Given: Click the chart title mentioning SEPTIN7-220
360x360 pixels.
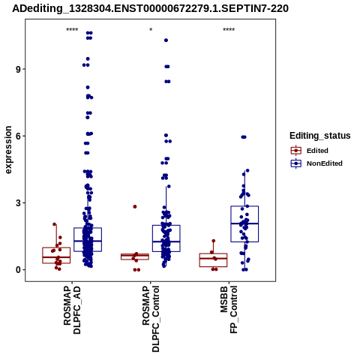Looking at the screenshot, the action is [151, 8].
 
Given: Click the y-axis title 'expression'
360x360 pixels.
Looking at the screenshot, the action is [8, 150].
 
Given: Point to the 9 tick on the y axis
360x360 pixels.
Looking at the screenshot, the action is [18, 69].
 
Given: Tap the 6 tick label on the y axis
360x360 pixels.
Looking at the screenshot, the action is [18, 136].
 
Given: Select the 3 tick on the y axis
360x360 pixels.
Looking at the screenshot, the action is [18, 203].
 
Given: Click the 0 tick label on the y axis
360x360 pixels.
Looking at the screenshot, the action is [18, 270].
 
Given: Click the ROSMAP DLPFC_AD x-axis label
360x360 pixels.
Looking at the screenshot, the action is [72, 310].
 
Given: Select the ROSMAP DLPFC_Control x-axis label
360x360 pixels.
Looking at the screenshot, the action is [151, 319].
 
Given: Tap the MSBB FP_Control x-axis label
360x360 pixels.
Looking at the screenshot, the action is [229, 310].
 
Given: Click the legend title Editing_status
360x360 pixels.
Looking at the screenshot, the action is [320, 136].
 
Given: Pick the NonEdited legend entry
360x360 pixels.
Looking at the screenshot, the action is [316, 163].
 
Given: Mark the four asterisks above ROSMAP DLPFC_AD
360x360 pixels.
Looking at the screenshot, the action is [72, 30].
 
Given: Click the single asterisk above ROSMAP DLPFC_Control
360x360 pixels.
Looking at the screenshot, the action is [151, 30].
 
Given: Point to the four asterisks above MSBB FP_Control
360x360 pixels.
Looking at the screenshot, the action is [229, 30].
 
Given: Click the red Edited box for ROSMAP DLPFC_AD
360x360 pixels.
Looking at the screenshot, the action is [56, 255].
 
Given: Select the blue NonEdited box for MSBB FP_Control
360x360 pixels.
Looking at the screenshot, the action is [244, 223].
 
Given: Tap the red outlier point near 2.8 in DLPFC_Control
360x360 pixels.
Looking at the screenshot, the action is [135, 207].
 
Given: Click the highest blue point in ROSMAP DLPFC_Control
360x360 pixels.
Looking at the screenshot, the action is [166, 40].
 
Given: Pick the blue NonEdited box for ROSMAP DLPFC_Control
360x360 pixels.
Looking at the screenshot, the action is [166, 238].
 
